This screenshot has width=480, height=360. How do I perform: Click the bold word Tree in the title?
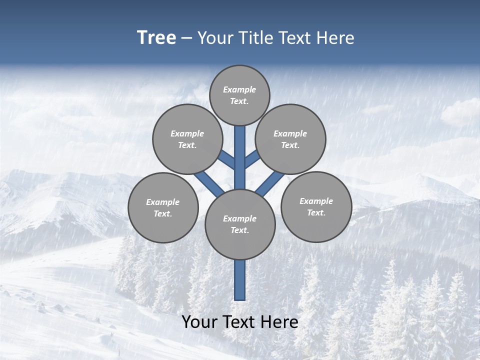coord(156,38)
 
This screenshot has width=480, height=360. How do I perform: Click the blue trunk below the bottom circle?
coord(240,280)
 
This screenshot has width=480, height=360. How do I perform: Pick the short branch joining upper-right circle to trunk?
coord(252,159)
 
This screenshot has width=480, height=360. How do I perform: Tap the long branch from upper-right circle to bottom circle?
coord(270,183)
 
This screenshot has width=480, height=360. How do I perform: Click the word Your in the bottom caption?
coord(200,322)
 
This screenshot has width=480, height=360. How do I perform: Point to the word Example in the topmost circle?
coord(239,89)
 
